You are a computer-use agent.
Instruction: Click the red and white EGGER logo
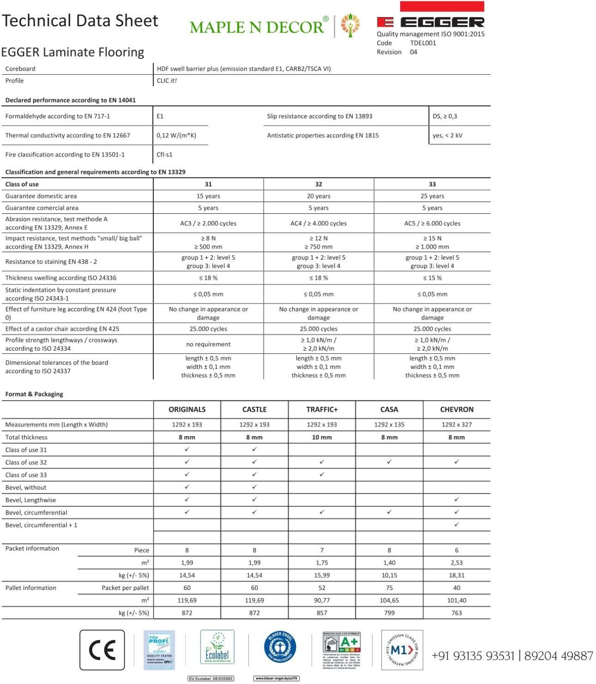pos(430,21)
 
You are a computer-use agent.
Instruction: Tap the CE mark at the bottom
pos(102,650)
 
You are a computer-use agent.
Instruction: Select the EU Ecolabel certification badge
pos(217,648)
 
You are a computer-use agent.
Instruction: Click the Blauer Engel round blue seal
pos(280,648)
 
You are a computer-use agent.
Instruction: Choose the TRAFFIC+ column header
pos(322,409)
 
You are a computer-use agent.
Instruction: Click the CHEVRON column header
pos(457,409)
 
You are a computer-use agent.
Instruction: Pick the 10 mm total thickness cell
pos(322,437)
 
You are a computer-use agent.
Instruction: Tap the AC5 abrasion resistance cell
pos(432,223)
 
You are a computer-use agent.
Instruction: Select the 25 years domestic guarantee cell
pos(432,196)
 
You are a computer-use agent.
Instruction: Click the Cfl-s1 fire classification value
pos(164,154)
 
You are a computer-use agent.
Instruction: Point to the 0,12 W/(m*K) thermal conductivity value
pos(176,135)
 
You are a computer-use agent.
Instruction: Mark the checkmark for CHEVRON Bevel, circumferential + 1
pos(457,525)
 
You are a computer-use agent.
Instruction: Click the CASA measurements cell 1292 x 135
pos(389,424)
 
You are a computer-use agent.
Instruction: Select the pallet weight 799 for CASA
pos(389,613)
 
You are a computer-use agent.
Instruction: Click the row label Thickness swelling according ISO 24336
pos(61,278)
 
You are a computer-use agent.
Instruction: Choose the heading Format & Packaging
pos(34,394)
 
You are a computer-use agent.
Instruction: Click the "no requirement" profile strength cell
pos(208,344)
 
